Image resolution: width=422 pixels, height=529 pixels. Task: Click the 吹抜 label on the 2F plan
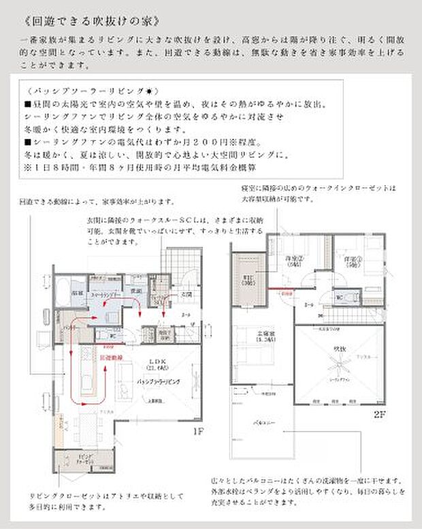340,349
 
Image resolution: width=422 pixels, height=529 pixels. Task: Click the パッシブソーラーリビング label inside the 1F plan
158,383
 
